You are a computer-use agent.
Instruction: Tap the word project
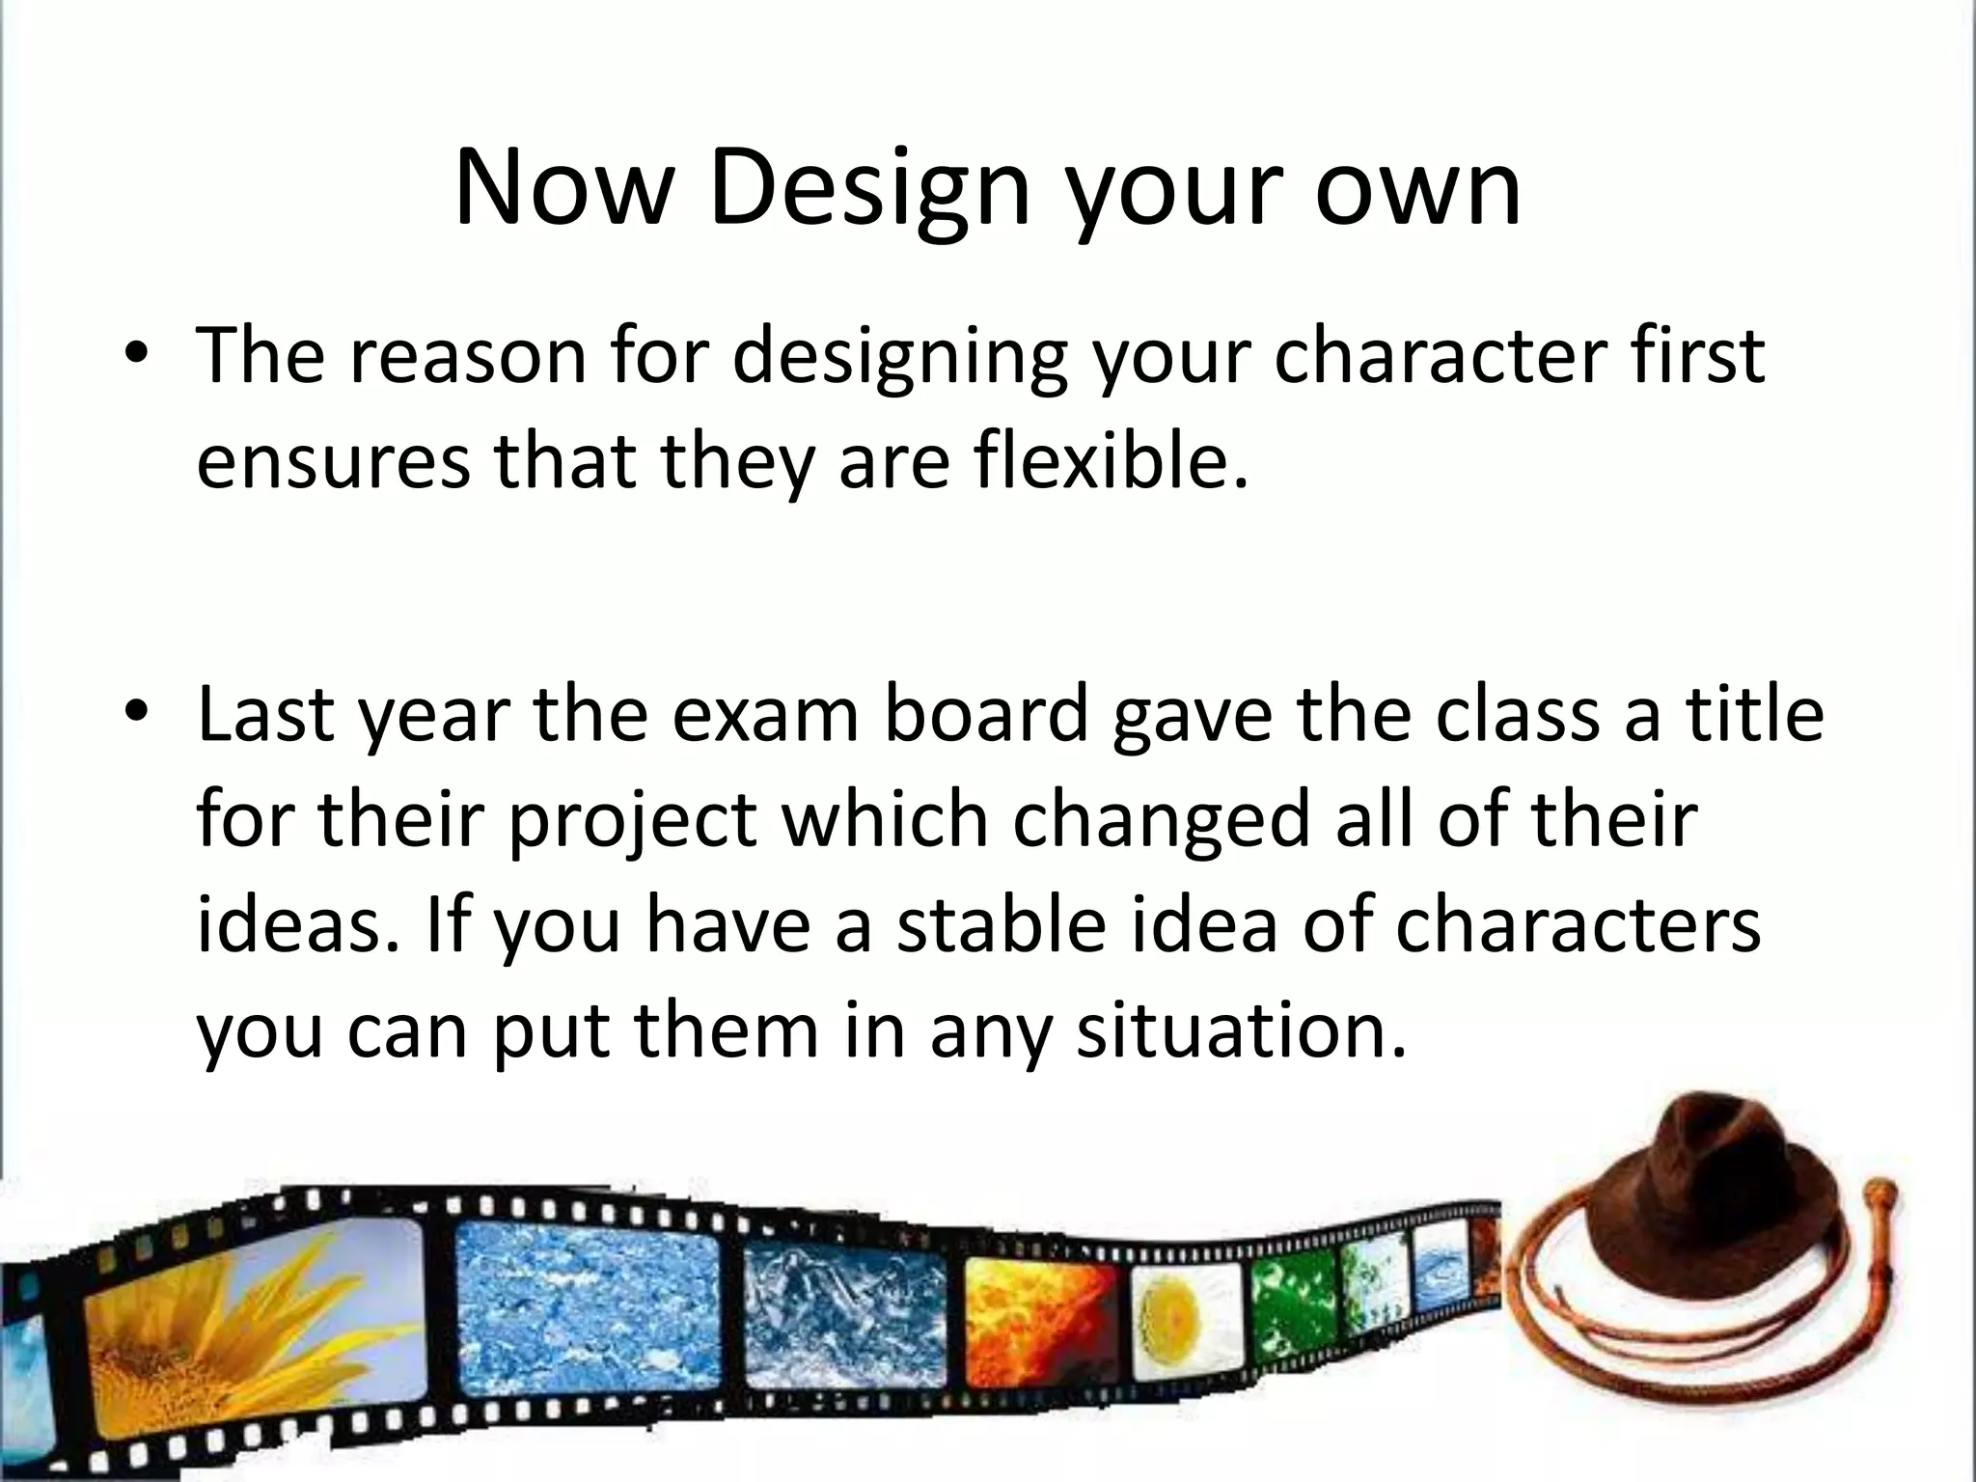(x=633, y=820)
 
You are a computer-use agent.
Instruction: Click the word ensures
(x=334, y=460)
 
